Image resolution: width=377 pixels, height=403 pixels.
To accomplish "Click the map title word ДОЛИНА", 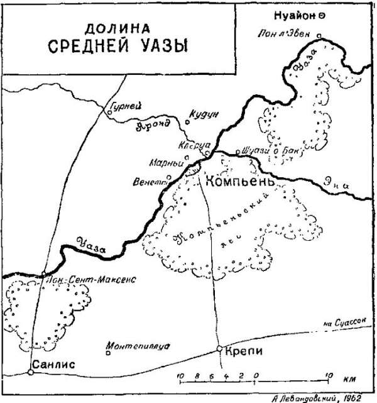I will tap(120, 28).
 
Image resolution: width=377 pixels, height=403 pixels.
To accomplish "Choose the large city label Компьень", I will tap(239, 182).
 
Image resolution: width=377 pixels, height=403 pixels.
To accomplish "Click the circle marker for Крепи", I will tap(219, 349).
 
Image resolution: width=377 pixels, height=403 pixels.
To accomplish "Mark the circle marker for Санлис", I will tap(30, 372).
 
